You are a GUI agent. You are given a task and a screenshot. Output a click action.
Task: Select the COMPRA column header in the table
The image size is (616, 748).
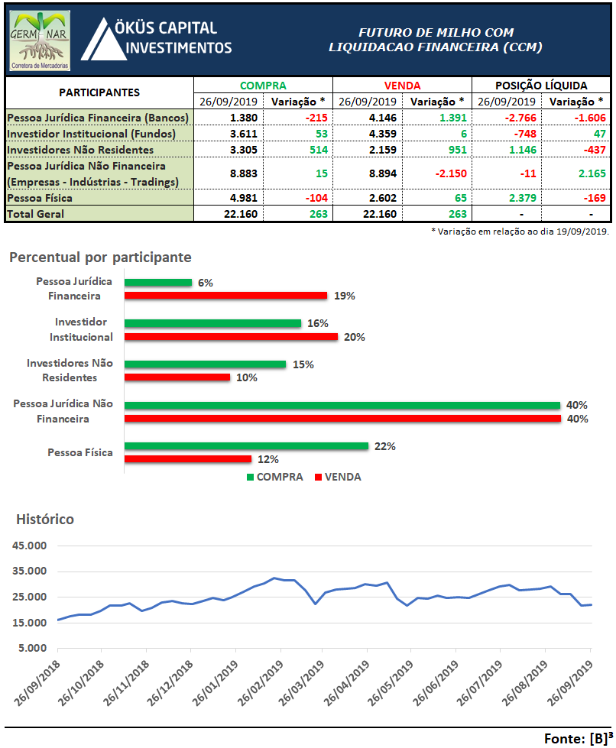pyautogui.click(x=263, y=86)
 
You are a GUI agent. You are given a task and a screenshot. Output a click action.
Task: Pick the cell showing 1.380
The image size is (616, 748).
pyautogui.click(x=229, y=118)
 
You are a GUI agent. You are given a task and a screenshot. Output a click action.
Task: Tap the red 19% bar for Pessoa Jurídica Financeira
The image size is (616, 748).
pyautogui.click(x=225, y=296)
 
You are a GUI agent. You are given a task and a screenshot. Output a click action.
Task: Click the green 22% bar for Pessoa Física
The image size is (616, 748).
pyautogui.click(x=246, y=446)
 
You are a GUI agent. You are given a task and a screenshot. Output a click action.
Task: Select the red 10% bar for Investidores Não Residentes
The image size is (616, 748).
pyautogui.click(x=177, y=377)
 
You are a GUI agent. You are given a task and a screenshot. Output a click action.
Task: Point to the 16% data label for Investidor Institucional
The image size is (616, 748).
pyautogui.click(x=313, y=323)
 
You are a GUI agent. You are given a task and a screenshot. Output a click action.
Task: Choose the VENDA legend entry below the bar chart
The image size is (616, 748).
pyautogui.click(x=337, y=477)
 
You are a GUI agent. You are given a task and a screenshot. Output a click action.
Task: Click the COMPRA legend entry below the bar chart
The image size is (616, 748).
pyautogui.click(x=275, y=477)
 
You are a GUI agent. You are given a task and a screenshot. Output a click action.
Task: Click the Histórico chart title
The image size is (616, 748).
pyautogui.click(x=45, y=520)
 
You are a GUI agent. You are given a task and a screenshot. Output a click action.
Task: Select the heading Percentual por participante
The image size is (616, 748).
pyautogui.click(x=100, y=257)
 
